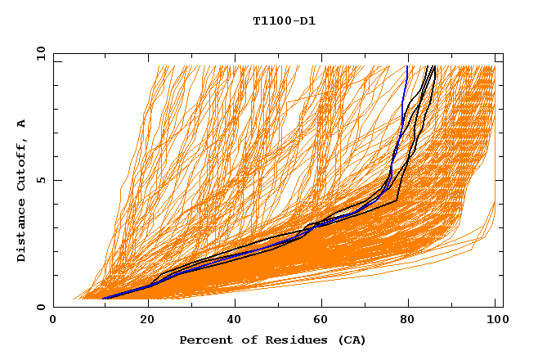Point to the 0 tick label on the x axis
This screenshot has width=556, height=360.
(x=53, y=321)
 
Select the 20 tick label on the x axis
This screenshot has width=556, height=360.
(x=141, y=321)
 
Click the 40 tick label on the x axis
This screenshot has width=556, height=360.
(x=231, y=321)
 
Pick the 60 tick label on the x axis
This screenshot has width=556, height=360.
(x=319, y=321)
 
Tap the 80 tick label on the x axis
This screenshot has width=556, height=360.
(x=407, y=321)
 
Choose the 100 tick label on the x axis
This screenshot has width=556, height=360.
(x=495, y=321)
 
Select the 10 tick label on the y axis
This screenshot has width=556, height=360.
(x=38, y=53)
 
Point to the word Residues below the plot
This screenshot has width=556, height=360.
(x=290, y=340)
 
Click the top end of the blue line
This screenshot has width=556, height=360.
(x=407, y=66)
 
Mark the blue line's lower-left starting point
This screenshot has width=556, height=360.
(x=104, y=299)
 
